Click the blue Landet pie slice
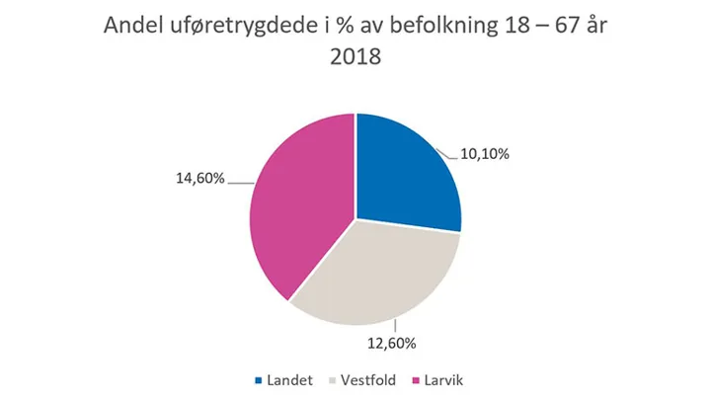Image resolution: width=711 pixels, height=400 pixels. point(405,168)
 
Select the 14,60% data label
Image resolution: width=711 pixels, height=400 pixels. point(200,179)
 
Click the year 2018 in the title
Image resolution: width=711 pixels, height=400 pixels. point(355,60)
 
